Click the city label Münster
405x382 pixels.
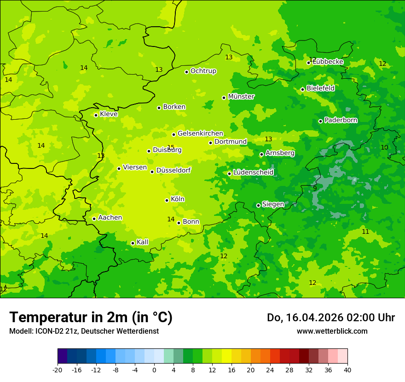(x=241, y=97)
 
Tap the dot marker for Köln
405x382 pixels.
(x=167, y=200)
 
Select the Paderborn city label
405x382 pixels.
(x=341, y=120)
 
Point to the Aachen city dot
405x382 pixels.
(x=94, y=219)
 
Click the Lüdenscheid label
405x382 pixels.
(x=253, y=173)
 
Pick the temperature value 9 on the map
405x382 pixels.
(x=315, y=188)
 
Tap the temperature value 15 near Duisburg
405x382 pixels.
(x=171, y=147)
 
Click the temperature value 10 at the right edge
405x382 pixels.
(x=384, y=147)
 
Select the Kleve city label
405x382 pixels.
(x=109, y=114)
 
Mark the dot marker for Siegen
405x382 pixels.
(x=258, y=205)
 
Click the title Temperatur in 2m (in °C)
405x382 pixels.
(x=91, y=318)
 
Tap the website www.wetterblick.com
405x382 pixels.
(x=332, y=331)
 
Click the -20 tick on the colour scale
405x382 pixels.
(x=58, y=370)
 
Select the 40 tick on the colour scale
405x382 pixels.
(x=347, y=370)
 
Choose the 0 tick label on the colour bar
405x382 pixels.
(x=154, y=370)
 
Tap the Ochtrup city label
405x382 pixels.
(x=203, y=71)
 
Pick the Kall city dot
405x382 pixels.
(x=133, y=243)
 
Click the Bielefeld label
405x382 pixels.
(x=320, y=88)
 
